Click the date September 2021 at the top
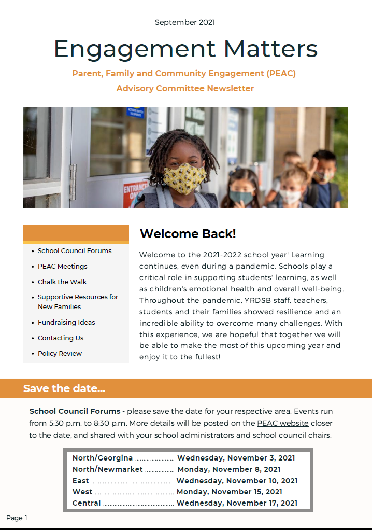[x=185, y=22]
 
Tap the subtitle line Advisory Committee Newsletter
[x=185, y=88]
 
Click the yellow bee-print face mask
[x=185, y=179]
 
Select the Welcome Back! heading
[x=188, y=234]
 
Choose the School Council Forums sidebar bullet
[x=75, y=251]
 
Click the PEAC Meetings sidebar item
[x=62, y=267]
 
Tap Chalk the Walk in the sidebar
[x=62, y=282]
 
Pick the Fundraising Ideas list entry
[x=66, y=323]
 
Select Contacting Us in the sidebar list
[x=61, y=338]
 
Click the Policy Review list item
[x=60, y=354]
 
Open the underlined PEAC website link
[x=283, y=424]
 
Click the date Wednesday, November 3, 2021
[x=236, y=458]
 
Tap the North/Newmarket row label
[x=107, y=469]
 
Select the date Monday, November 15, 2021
[x=229, y=492]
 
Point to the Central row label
[x=87, y=503]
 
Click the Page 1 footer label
[x=17, y=518]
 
